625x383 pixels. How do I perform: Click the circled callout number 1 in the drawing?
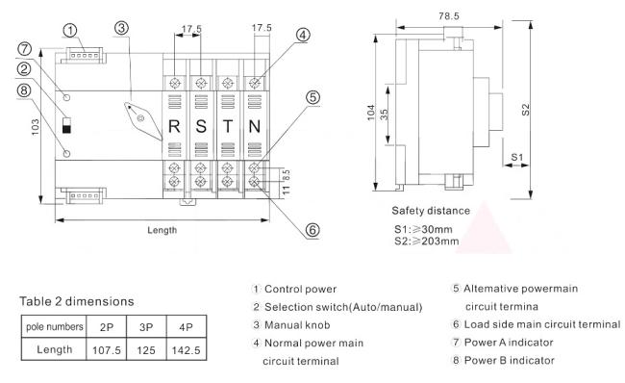(69, 29)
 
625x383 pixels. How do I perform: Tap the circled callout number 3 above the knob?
(121, 28)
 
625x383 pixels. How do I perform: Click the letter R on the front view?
(174, 126)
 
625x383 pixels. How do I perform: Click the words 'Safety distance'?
(431, 210)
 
